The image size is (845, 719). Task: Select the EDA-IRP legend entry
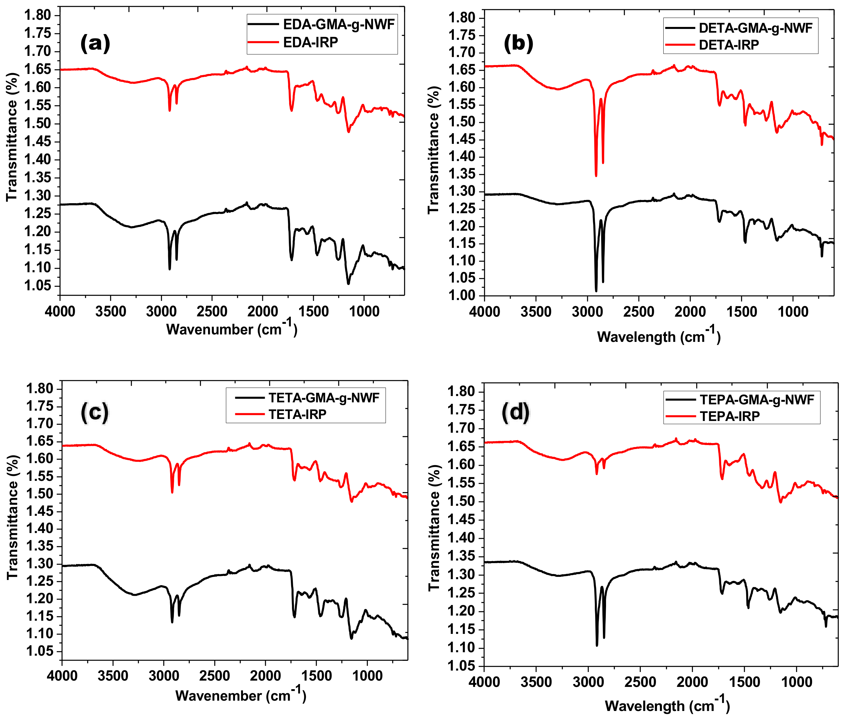tap(310, 42)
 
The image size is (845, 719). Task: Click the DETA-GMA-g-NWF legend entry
tap(755, 28)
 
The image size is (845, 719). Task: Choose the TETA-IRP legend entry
tap(297, 415)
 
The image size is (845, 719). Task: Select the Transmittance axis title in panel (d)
tap(434, 528)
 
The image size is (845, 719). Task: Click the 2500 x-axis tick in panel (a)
tap(212, 312)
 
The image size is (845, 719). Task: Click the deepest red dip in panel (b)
tap(596, 176)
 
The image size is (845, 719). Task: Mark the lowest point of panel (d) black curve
tap(597, 645)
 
